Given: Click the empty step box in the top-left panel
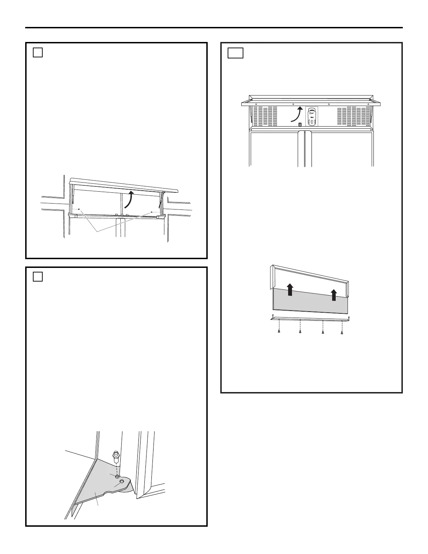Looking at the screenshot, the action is pyautogui.click(x=38, y=52).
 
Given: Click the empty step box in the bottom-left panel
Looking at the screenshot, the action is pyautogui.click(x=38, y=277).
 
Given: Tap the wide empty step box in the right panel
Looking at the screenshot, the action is pyautogui.click(x=235, y=53).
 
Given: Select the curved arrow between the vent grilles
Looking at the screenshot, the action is pyautogui.click(x=297, y=115).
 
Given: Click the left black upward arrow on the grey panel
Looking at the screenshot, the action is pyautogui.click(x=290, y=290).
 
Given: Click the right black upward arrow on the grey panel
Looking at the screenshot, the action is pyautogui.click(x=334, y=295).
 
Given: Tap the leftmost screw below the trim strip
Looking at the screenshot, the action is pyautogui.click(x=279, y=331).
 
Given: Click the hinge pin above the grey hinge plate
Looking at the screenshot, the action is pyautogui.click(x=115, y=457).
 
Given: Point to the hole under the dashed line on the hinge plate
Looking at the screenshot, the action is pyautogui.click(x=117, y=477).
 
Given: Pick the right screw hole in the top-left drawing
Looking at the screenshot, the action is pyautogui.click(x=151, y=212).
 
